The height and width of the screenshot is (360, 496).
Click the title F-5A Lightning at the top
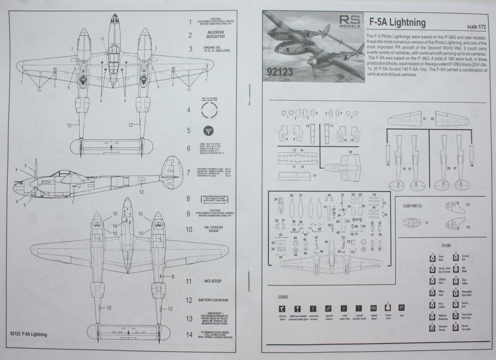(397, 22)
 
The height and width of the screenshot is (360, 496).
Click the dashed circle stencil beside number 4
(209, 110)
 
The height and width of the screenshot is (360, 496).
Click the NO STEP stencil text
(213, 281)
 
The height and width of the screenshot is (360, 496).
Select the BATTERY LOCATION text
(213, 300)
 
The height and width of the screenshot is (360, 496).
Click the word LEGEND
(283, 297)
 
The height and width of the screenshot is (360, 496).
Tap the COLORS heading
(446, 246)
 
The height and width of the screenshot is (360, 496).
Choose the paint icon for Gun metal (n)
(456, 327)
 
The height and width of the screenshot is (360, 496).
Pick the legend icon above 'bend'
(283, 308)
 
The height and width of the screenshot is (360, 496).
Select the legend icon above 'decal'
(374, 308)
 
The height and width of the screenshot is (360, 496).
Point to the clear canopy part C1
(412, 223)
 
